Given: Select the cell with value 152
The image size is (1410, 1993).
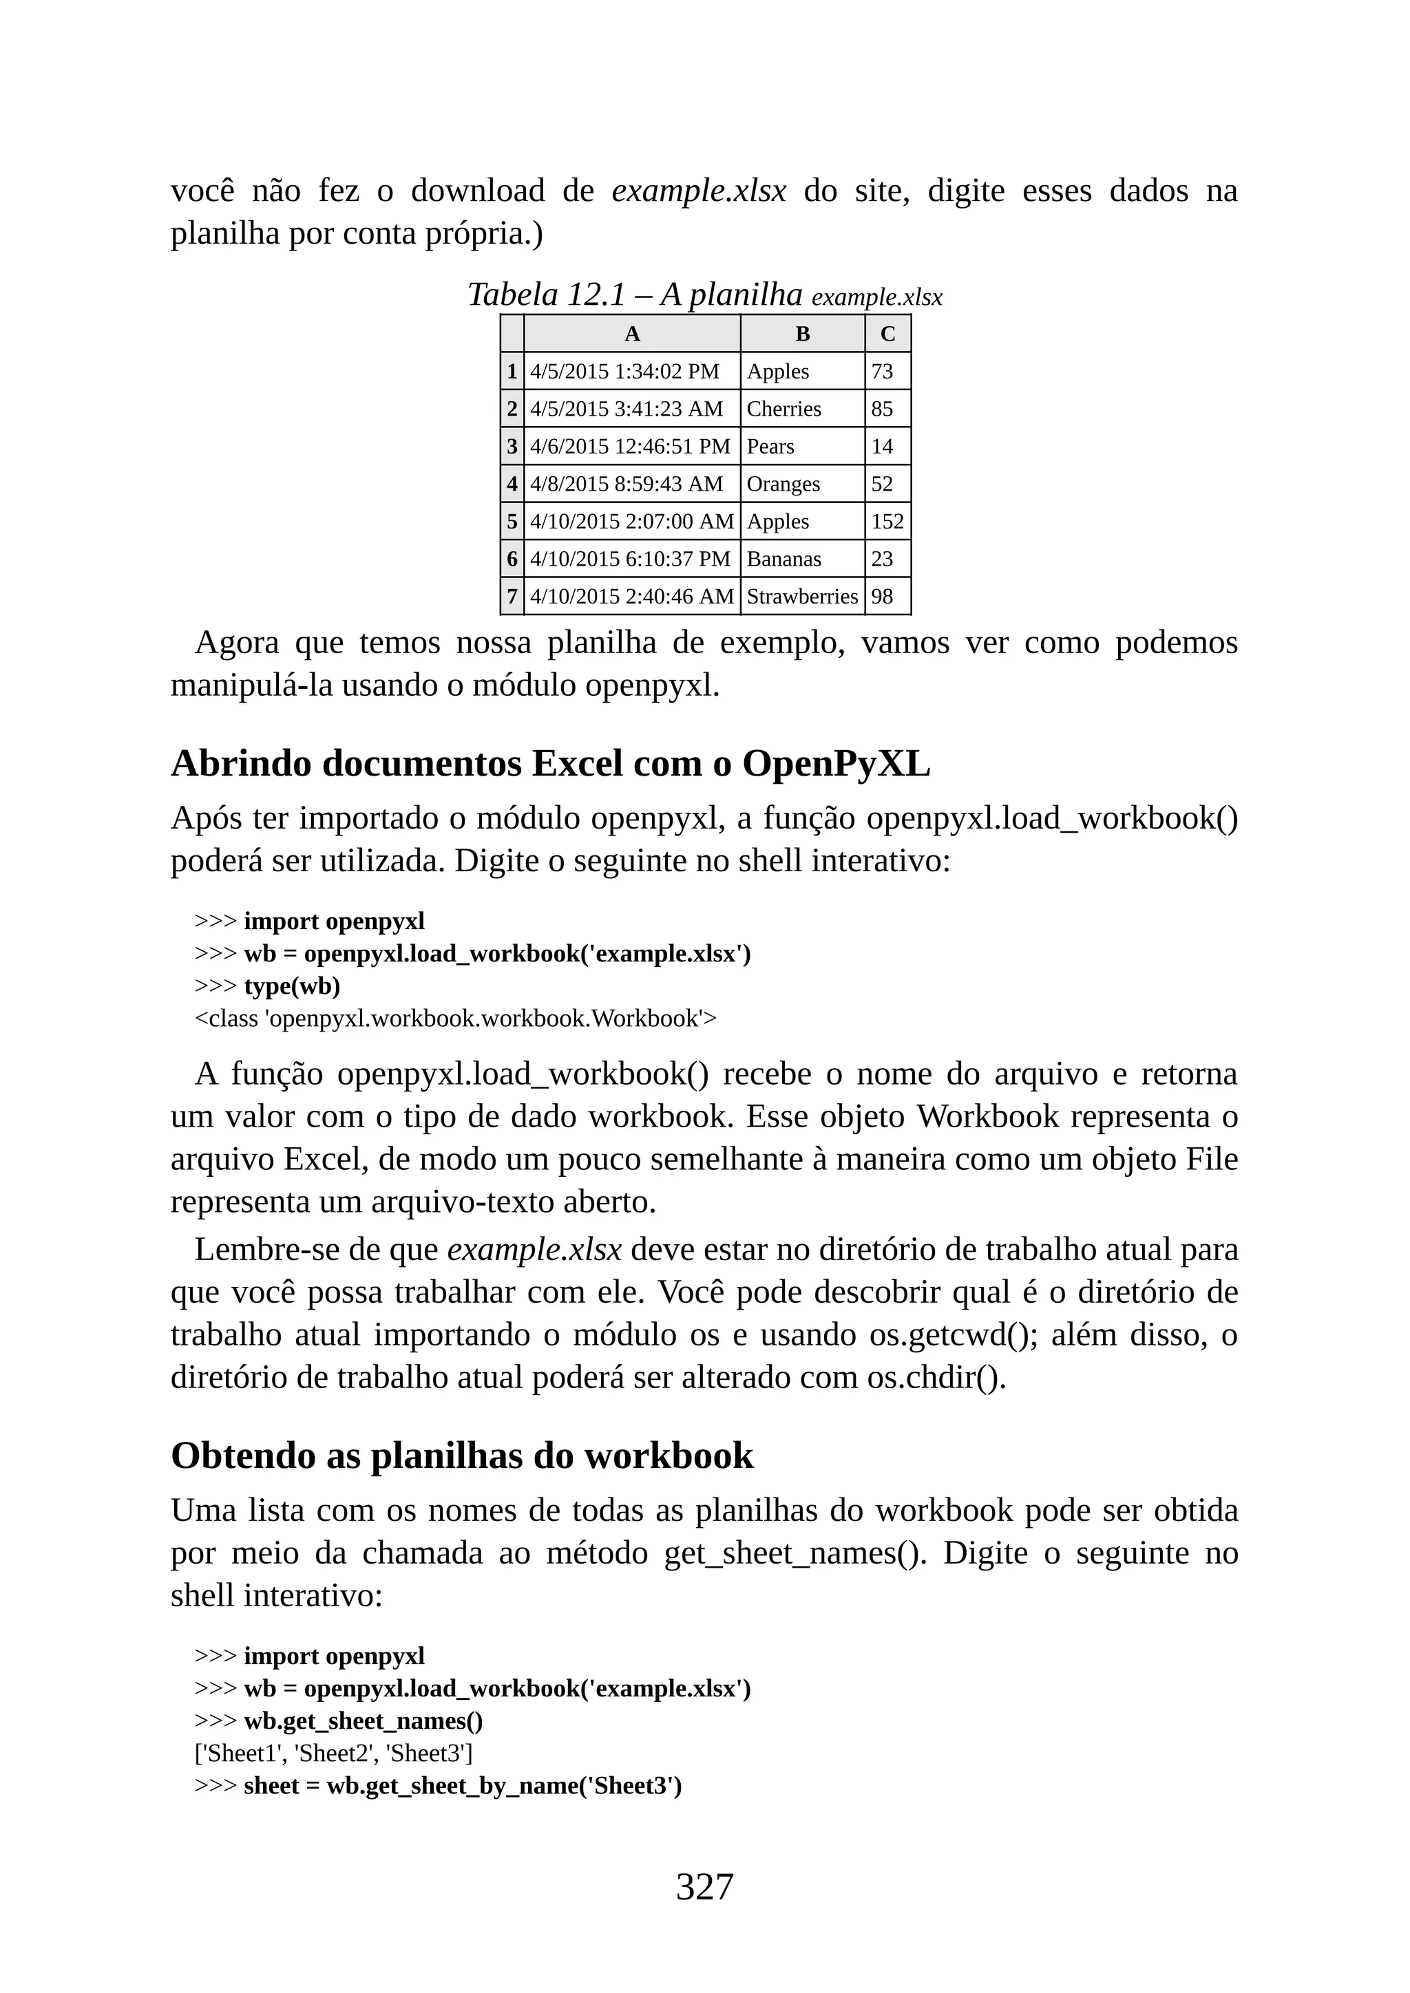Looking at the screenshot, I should click(887, 522).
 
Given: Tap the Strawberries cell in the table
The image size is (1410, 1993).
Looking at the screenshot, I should click(801, 597).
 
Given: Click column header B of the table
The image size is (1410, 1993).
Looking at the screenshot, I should click(802, 334).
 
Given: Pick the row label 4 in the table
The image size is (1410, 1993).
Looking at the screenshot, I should click(512, 484).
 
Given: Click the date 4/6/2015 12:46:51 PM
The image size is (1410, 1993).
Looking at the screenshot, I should click(631, 446).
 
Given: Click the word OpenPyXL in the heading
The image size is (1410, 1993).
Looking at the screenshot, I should click(835, 764).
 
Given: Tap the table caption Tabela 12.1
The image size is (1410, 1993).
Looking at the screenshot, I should click(546, 295).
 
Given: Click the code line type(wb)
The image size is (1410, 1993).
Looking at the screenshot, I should click(292, 986).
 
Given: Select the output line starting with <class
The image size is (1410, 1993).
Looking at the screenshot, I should click(456, 1019).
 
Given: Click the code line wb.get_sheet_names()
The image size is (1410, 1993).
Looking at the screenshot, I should click(363, 1720).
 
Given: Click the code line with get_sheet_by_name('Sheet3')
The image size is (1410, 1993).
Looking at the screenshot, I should click(462, 1786).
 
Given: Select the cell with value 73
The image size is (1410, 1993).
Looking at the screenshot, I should click(882, 372).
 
